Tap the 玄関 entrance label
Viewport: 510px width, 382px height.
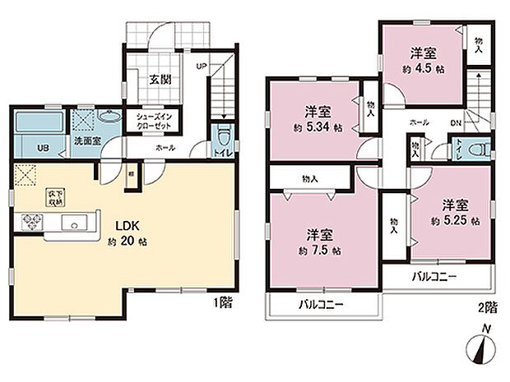click(160, 80)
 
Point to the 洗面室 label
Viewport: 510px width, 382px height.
click(88, 141)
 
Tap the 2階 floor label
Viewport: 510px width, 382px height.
click(486, 309)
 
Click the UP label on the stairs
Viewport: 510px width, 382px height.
click(200, 66)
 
